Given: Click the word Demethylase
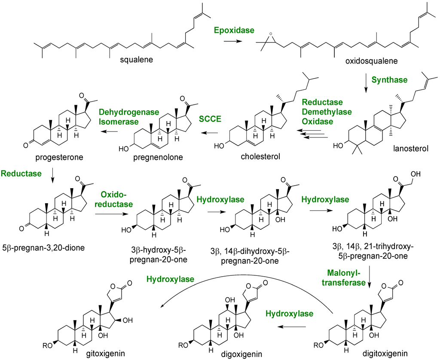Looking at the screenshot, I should click(x=326, y=112).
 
